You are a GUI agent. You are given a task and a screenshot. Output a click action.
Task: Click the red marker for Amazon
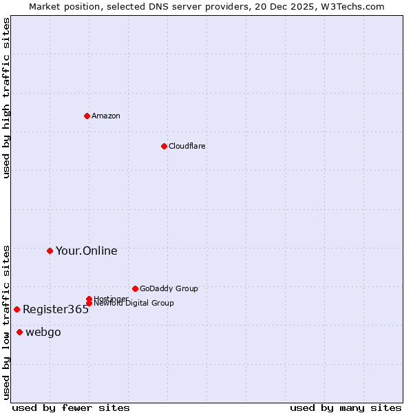point(87,116)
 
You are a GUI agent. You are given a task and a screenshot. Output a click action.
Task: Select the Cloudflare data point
point(164,146)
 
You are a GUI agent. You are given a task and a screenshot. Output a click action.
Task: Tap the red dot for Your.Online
point(50,251)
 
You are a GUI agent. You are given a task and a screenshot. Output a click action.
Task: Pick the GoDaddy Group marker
point(135,288)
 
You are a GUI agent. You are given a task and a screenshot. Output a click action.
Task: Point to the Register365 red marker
point(17,309)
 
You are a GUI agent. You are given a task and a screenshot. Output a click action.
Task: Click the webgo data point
point(19,332)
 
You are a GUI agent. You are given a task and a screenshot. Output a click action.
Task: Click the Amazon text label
point(106,116)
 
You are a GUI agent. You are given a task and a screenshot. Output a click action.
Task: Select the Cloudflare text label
point(187,146)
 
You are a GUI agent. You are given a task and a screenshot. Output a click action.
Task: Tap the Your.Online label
point(87,251)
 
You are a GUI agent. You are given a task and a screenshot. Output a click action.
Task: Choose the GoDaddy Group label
point(169,288)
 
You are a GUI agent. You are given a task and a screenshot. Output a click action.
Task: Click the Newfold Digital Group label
point(134,304)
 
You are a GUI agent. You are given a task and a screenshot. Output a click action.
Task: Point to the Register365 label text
point(56,310)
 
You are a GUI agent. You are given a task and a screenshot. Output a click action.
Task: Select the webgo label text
point(43,332)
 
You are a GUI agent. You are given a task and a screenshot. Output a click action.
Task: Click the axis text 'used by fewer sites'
point(71,407)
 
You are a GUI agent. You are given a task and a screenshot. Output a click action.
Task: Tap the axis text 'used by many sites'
point(346,407)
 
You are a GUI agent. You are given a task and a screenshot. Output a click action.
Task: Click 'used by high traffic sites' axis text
point(6,98)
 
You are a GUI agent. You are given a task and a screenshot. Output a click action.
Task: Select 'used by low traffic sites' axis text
point(6,321)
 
